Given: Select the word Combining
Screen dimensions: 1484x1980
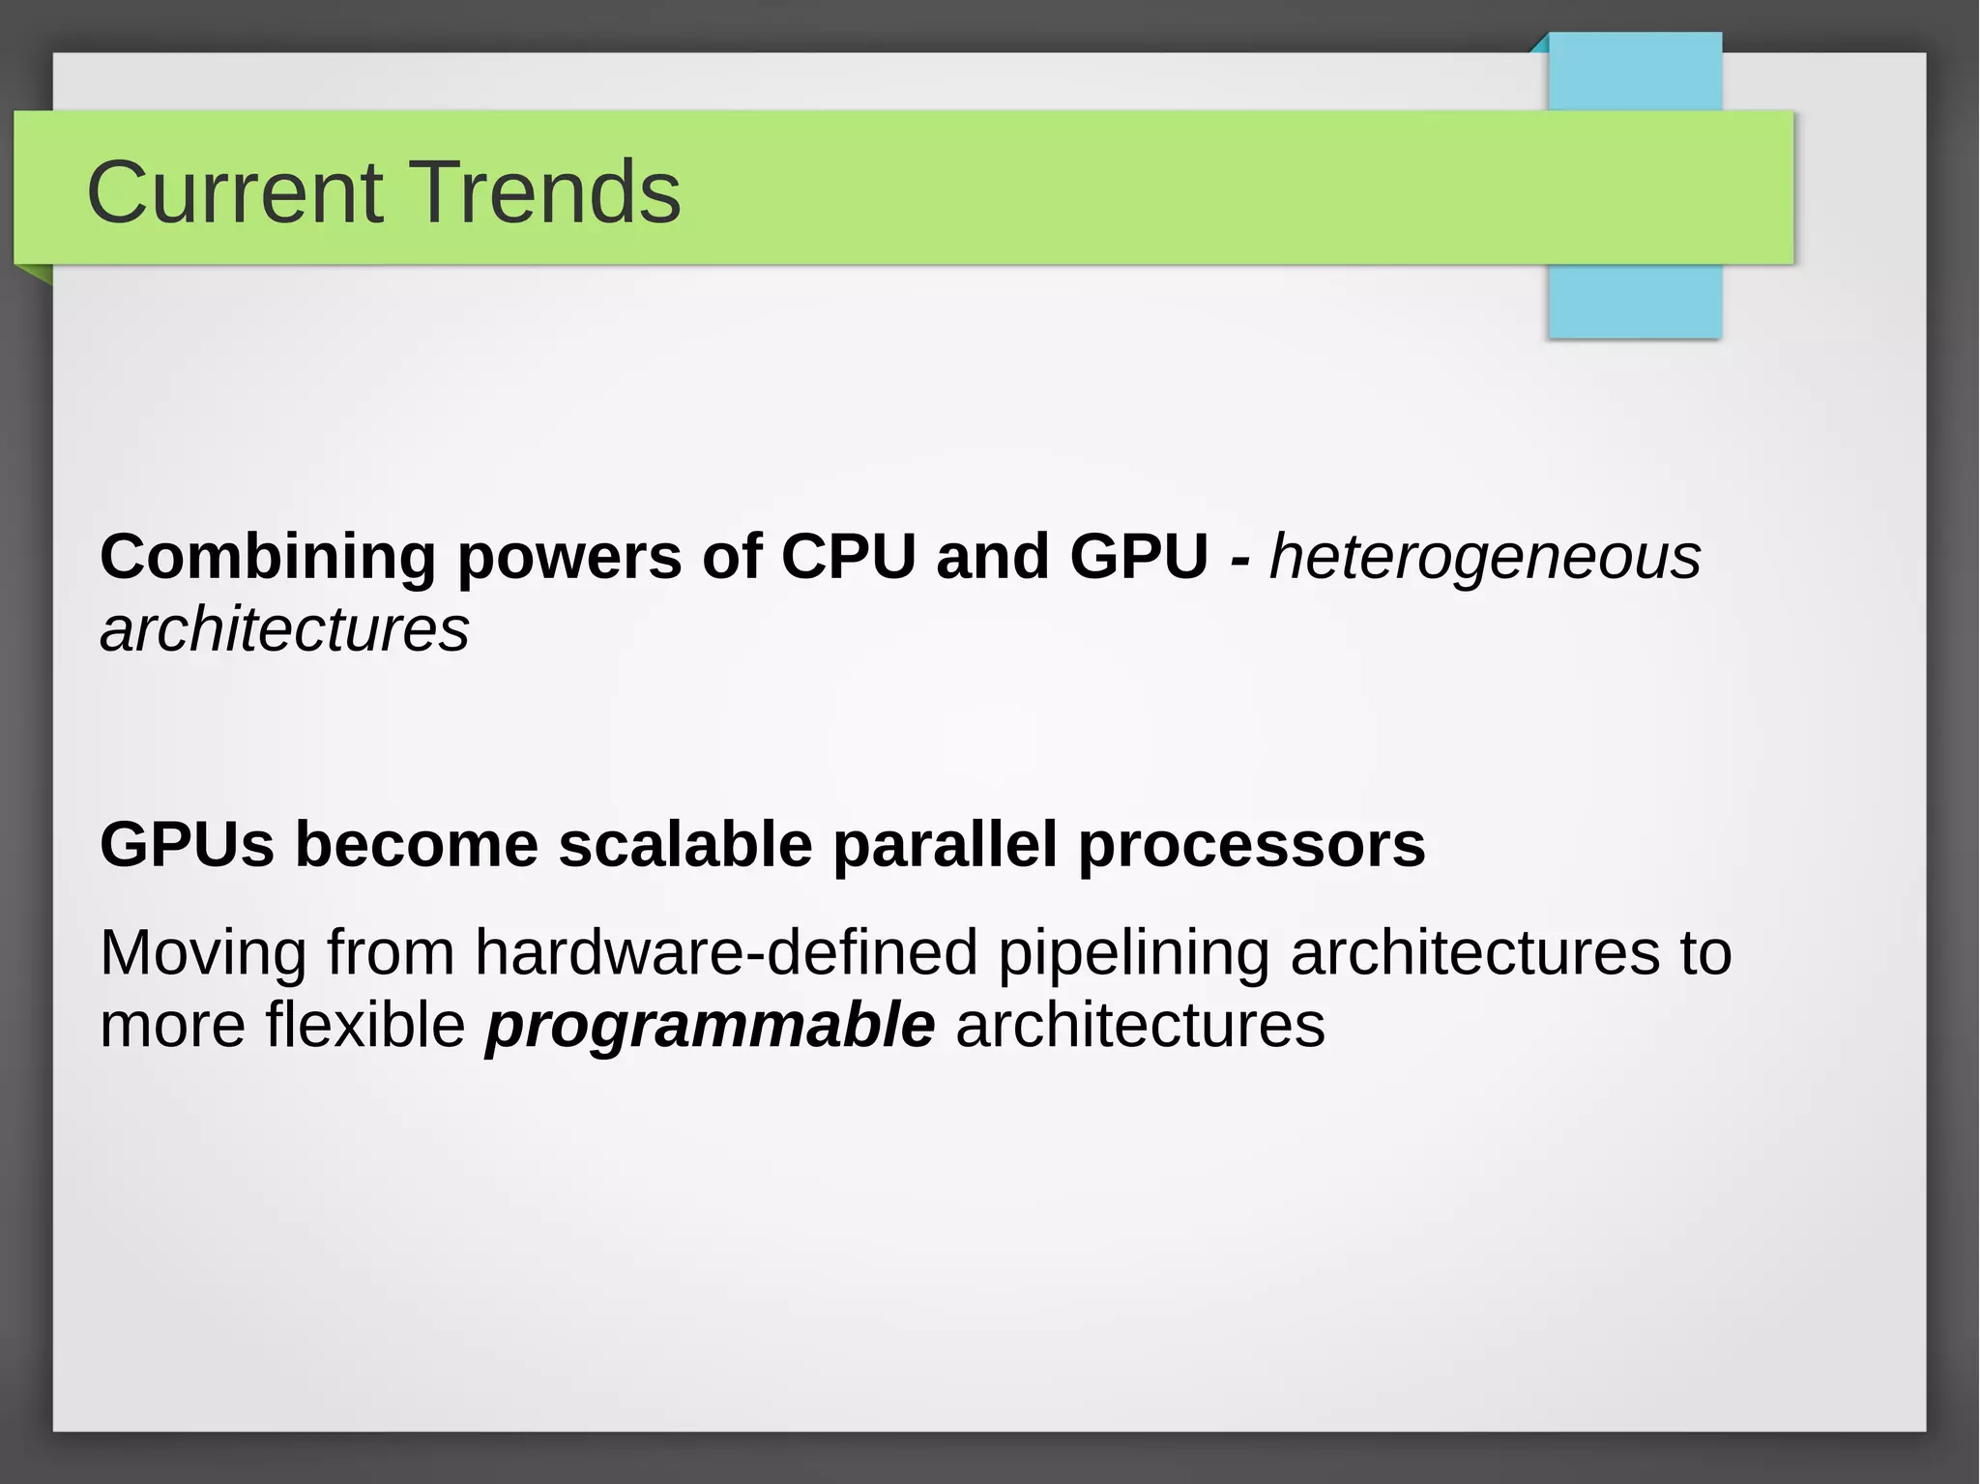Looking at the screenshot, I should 268,558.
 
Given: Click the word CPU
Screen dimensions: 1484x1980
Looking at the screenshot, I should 848,557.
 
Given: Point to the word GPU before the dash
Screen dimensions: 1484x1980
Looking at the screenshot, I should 1139,557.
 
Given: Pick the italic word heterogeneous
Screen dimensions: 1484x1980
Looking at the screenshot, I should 1484,558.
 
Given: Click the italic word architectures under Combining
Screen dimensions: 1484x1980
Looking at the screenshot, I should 284,630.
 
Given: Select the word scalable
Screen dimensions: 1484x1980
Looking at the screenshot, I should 684,845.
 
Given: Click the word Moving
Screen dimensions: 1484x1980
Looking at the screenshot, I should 203,954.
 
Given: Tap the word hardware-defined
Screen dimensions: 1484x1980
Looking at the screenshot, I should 726,952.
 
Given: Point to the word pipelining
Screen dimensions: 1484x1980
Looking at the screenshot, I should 1133,954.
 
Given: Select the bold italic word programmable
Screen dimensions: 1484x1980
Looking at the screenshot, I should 710,1027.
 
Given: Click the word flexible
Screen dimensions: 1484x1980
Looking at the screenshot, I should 365,1025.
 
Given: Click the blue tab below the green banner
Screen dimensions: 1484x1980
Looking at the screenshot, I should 1635,301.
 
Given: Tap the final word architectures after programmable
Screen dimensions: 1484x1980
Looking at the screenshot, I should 1140,1025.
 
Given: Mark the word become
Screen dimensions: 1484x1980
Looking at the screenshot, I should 416,845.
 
